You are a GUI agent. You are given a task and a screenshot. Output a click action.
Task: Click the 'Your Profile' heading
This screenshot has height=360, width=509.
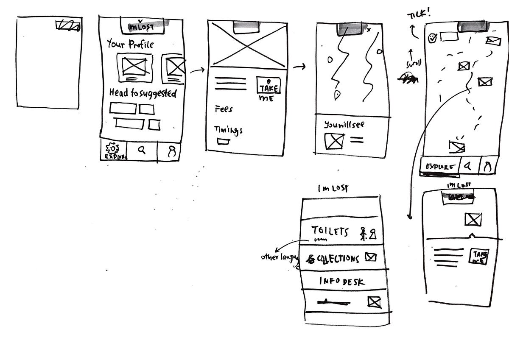pos(130,44)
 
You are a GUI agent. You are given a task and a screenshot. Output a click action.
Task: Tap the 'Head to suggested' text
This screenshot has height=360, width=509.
pos(143,93)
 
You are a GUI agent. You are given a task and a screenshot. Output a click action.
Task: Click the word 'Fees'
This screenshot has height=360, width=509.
pos(224,109)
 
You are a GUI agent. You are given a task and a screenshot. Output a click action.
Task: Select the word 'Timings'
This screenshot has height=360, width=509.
pos(228,130)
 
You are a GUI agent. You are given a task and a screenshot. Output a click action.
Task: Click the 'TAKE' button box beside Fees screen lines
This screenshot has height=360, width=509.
pos(268,86)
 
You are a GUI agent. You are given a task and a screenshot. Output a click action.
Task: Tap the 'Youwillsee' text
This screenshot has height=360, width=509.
pos(344,125)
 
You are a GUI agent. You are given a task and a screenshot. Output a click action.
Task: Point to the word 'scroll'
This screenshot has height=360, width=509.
pos(414,64)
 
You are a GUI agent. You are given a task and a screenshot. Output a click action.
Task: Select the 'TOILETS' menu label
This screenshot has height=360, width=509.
pos(330,231)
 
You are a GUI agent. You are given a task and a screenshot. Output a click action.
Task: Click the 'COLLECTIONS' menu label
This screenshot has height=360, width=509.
pos(338,258)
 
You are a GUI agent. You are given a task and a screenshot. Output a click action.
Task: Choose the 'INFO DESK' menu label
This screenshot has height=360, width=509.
pos(342,281)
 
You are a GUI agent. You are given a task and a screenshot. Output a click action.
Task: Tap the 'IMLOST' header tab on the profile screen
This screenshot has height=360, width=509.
pos(140,27)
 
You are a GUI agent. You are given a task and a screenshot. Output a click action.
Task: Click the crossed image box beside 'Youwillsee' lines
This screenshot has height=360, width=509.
pos(335,141)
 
